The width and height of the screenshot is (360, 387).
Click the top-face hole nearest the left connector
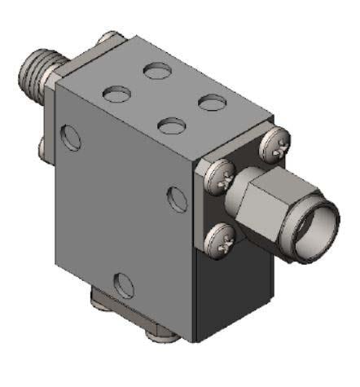(x=116, y=94)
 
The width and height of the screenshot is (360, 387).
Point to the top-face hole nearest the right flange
(x=211, y=103)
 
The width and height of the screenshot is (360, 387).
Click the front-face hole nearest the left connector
(x=72, y=137)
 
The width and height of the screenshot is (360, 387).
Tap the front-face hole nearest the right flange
(x=176, y=196)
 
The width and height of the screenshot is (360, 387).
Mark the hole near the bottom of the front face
(x=124, y=285)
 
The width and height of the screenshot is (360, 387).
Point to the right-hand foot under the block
(x=157, y=334)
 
